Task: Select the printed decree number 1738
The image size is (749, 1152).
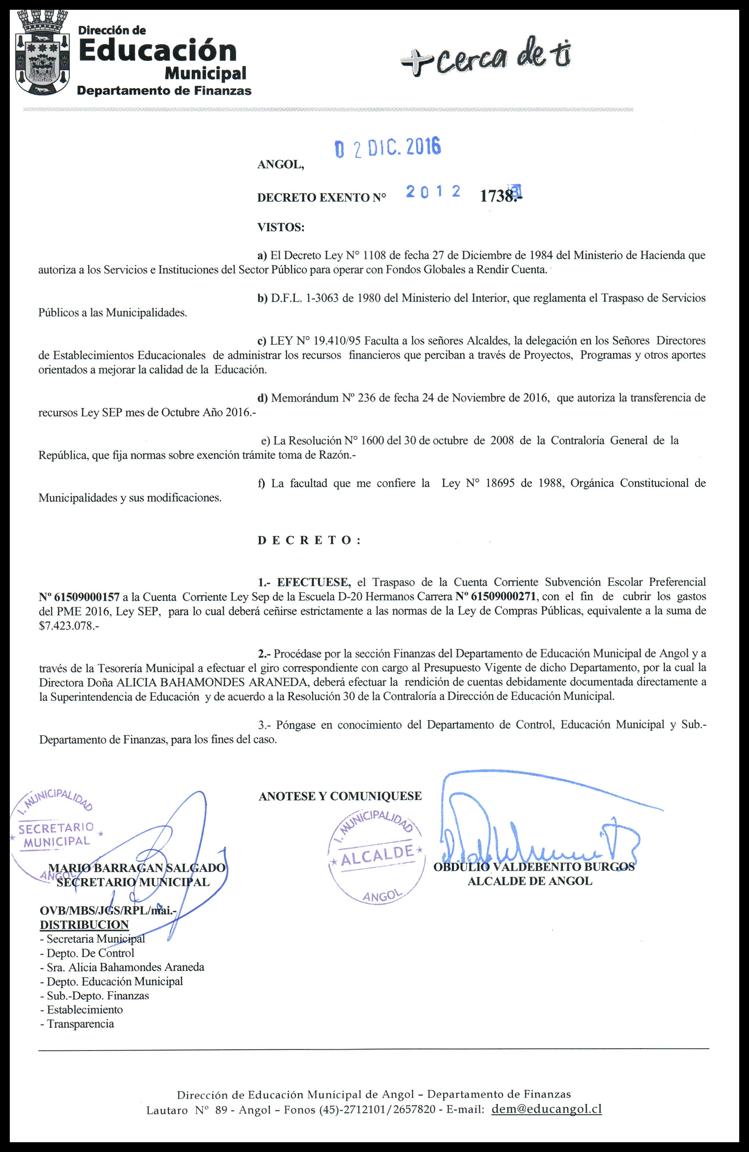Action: coord(499,196)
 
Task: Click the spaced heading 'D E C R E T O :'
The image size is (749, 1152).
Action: coord(309,540)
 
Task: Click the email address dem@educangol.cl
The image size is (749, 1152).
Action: coord(546,1109)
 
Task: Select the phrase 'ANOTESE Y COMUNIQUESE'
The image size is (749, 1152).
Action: coord(340,796)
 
